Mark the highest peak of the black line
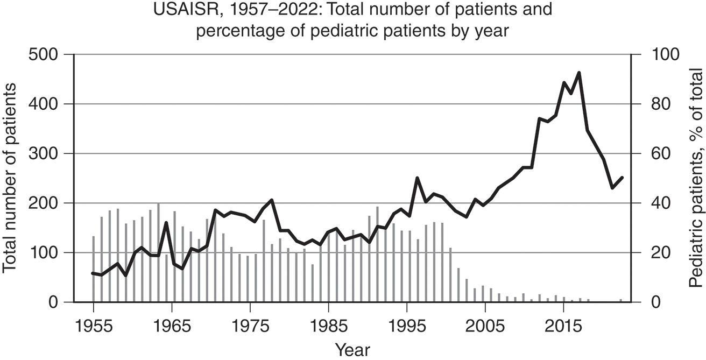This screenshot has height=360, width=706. click(579, 73)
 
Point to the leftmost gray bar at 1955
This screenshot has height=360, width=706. click(93, 269)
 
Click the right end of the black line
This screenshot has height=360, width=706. click(623, 177)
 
